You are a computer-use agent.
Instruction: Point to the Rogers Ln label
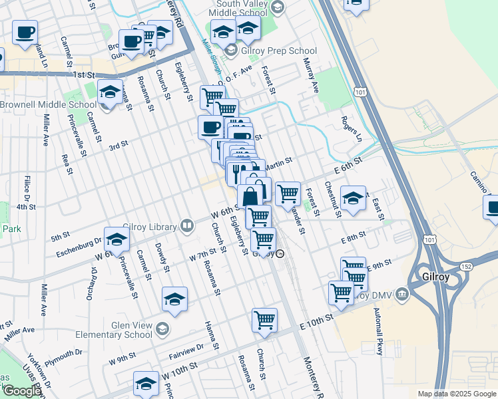(350, 128)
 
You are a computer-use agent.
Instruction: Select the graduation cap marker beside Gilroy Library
(117, 241)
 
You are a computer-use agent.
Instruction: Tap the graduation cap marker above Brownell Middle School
(110, 92)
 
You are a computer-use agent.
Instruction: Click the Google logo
(21, 391)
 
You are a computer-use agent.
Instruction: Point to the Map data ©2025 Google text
(457, 394)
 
